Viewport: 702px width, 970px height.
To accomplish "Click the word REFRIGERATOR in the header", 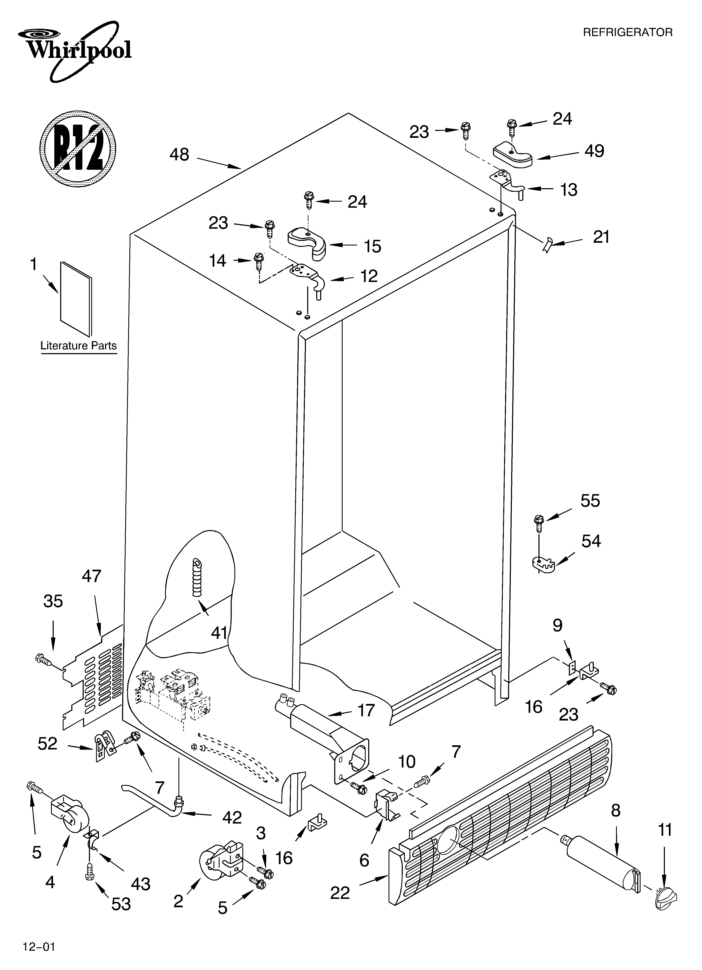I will (628, 33).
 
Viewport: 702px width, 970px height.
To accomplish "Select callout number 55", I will (590, 501).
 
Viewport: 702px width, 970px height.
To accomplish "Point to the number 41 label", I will (219, 633).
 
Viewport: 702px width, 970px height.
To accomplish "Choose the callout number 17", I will (366, 710).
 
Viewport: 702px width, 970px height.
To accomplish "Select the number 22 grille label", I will (340, 893).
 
